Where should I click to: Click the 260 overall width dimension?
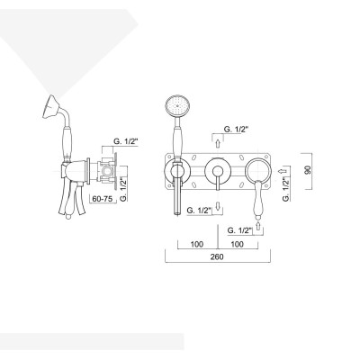point(217,256)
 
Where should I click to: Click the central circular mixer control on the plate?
point(217,171)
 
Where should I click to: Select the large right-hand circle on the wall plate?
point(257,169)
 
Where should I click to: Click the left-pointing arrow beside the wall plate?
point(282,170)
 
